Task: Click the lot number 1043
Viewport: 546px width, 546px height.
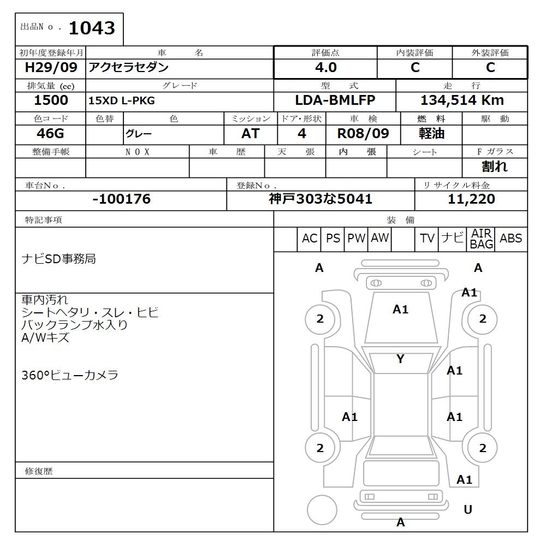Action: point(92,28)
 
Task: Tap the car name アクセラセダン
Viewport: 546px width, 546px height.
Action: point(128,68)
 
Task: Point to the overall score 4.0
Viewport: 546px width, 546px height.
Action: point(326,68)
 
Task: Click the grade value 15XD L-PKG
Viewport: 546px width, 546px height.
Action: point(122,101)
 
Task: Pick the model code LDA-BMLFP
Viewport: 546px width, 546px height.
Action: point(335,100)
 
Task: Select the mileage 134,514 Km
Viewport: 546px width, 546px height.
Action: point(462,100)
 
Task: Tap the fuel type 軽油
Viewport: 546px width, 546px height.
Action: point(432,134)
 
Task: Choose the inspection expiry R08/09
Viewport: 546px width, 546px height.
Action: point(363,134)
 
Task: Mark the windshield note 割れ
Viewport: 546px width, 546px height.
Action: point(495,167)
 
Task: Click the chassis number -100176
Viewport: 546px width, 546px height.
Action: point(121,199)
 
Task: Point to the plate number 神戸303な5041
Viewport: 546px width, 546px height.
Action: point(321,199)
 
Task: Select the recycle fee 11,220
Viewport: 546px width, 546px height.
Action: point(471,199)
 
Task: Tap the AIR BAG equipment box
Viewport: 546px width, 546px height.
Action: point(482,239)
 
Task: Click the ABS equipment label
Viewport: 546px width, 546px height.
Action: point(511,239)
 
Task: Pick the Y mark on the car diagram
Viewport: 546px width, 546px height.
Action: point(400,359)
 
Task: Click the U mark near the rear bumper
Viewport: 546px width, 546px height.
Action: point(468,509)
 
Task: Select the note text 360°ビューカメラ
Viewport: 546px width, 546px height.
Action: point(70,375)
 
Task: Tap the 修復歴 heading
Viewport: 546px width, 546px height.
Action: point(39,471)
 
